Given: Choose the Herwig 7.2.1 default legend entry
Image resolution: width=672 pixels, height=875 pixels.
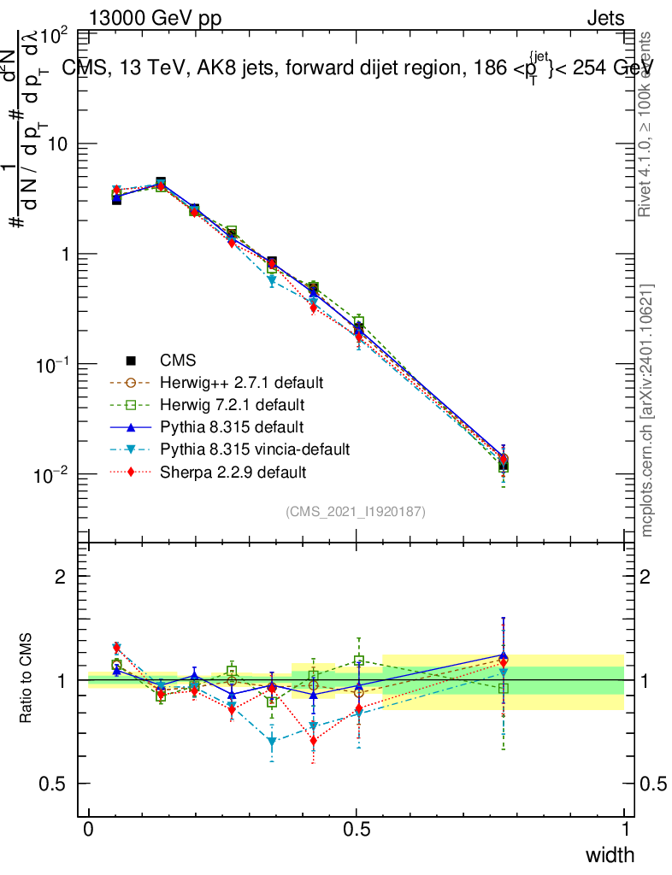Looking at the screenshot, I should coord(221,403).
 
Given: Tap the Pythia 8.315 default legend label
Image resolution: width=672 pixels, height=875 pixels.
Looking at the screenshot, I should coord(221,426).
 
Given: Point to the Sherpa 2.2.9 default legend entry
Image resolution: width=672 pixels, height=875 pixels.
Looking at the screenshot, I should coord(221,471).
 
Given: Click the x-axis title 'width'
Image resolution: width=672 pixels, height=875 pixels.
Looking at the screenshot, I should coord(609,855).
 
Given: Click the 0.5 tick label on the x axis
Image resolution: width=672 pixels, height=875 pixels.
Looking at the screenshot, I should coord(357,830).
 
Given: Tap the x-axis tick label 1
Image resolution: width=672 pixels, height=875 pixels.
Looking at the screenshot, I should coord(624,830).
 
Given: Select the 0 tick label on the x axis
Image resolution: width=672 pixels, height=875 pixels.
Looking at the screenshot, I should coord(89,830).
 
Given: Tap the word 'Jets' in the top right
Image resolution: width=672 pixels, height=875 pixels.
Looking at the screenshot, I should coord(605,18).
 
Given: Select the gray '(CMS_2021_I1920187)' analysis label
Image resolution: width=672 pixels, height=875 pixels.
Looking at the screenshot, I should coord(356,512).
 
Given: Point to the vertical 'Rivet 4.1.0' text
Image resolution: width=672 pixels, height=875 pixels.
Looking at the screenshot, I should coord(647,124).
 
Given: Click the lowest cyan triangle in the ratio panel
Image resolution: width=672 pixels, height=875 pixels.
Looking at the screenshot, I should coord(273,743).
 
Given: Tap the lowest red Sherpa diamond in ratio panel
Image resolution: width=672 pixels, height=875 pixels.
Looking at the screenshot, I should coord(314,741).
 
